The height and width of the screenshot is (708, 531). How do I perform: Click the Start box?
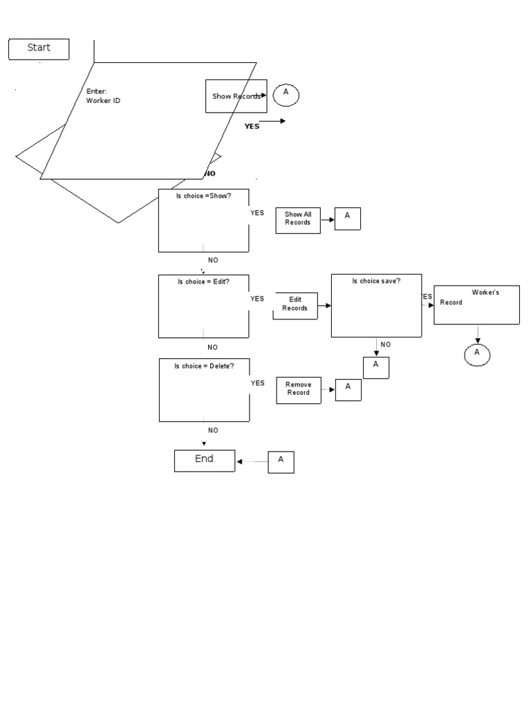coord(39,49)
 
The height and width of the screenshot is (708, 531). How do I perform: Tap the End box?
coord(204,460)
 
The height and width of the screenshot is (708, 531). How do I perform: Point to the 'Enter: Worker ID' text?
coord(104,96)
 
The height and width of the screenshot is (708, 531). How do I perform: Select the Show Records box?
coord(236,96)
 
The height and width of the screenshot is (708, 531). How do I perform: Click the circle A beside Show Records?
coord(286,95)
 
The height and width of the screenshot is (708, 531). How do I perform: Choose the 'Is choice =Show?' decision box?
coord(203,221)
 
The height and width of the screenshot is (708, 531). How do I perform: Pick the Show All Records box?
coord(298,219)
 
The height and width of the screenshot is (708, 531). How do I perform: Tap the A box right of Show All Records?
coord(348,218)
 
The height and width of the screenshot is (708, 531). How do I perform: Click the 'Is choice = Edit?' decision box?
coord(203,306)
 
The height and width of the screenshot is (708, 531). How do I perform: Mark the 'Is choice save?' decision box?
coord(376,306)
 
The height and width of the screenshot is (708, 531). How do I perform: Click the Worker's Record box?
coord(476,305)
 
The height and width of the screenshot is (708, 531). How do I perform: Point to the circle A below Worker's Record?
coord(476,354)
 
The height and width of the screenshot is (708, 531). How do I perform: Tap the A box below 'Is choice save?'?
coord(376,367)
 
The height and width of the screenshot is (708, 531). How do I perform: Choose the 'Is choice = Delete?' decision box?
coord(203,390)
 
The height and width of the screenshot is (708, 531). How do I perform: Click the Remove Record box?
coord(299,390)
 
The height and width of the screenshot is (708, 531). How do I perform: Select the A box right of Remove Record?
coord(348,389)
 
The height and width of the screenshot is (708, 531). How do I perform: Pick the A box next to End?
coord(281,462)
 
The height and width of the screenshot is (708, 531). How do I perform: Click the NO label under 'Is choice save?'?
coord(386,344)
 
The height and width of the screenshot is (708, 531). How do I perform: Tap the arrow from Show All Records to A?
coord(328,220)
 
